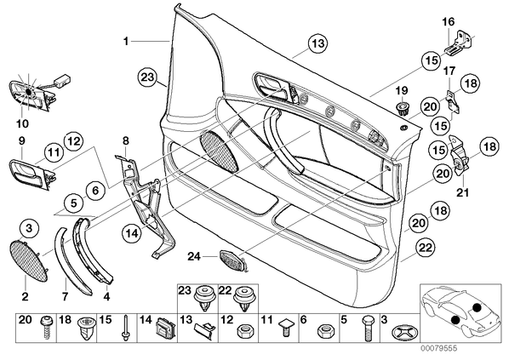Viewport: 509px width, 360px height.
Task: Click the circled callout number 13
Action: (317, 43)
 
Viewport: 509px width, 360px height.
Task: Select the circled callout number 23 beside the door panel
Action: (147, 78)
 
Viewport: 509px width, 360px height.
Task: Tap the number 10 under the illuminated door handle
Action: (22, 123)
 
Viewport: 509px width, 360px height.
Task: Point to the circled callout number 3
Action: (29, 229)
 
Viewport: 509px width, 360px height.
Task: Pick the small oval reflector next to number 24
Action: (232, 260)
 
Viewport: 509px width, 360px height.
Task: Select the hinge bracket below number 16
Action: (459, 43)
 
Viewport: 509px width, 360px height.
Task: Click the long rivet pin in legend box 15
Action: (125, 328)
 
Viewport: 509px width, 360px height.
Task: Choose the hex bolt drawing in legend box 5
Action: (368, 329)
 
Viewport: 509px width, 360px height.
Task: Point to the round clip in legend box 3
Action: (404, 332)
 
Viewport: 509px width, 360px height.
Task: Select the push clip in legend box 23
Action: (205, 298)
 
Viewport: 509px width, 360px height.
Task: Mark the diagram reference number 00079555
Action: (439, 348)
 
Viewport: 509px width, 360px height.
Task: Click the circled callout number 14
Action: (132, 232)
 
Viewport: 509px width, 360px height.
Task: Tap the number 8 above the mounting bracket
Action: (126, 141)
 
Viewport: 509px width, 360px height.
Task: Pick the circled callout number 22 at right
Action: (426, 248)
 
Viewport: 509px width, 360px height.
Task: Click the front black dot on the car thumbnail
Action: (455, 320)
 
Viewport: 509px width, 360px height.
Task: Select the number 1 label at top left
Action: (126, 42)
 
